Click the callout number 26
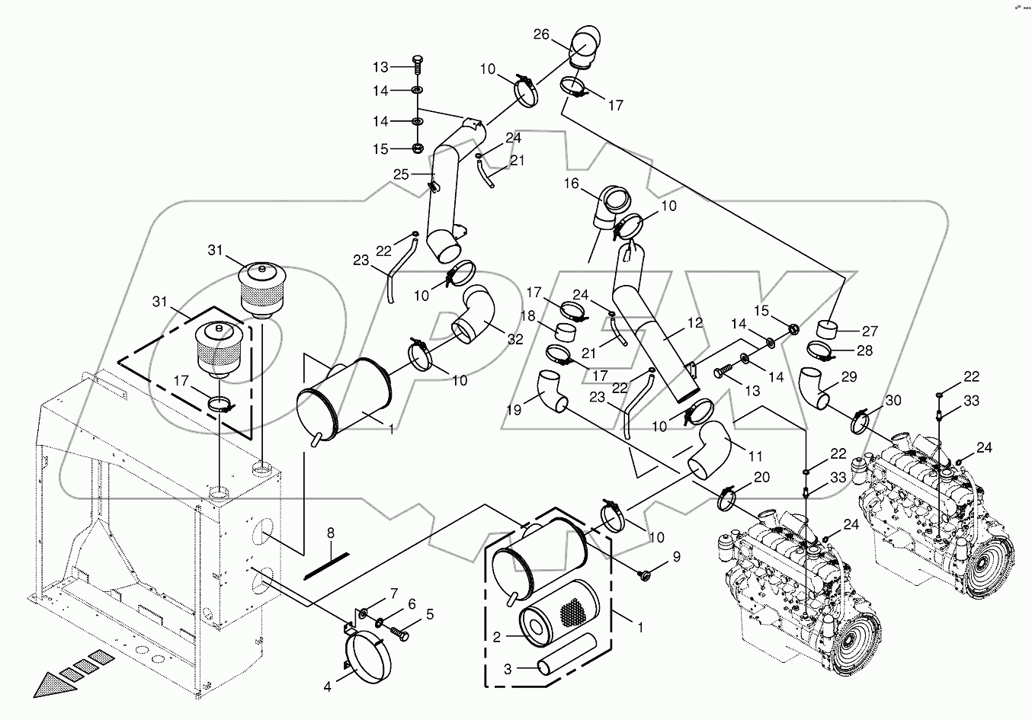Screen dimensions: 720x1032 click(562, 34)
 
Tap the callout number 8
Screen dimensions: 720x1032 click(330, 533)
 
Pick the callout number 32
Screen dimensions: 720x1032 click(514, 340)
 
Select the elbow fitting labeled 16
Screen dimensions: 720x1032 click(613, 206)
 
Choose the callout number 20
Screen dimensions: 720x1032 click(761, 477)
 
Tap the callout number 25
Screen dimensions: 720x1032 click(401, 175)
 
